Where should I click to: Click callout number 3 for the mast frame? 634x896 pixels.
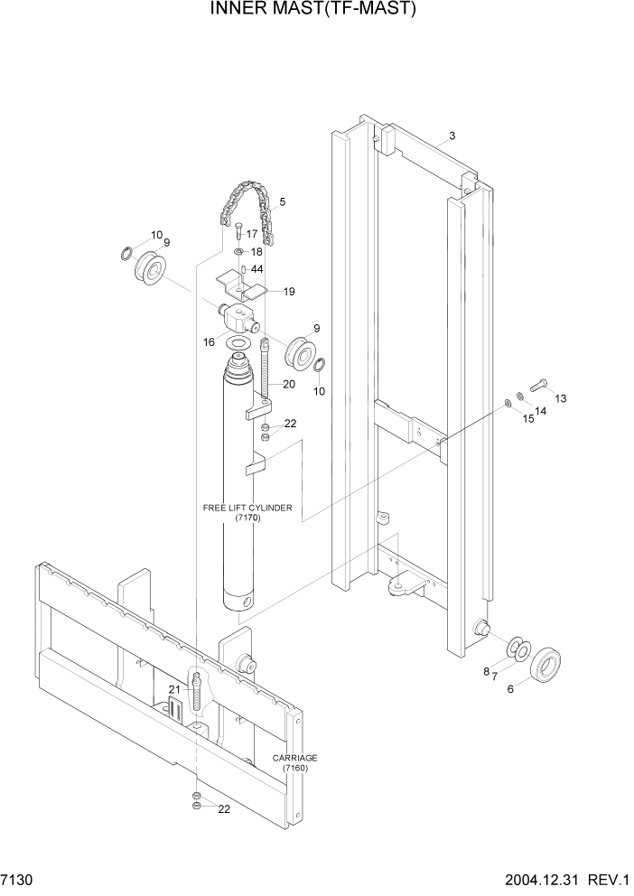pos(452,136)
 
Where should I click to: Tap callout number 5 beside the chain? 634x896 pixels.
pos(282,202)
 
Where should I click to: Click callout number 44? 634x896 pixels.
pos(257,269)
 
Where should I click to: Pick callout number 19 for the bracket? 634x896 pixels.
pos(289,292)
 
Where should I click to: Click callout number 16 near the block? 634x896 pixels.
pos(210,342)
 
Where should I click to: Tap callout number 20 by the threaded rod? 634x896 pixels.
pos(289,384)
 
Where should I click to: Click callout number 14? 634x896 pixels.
pos(540,412)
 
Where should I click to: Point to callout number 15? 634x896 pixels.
pos(528,420)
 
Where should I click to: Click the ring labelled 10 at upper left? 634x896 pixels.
pos(128,253)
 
